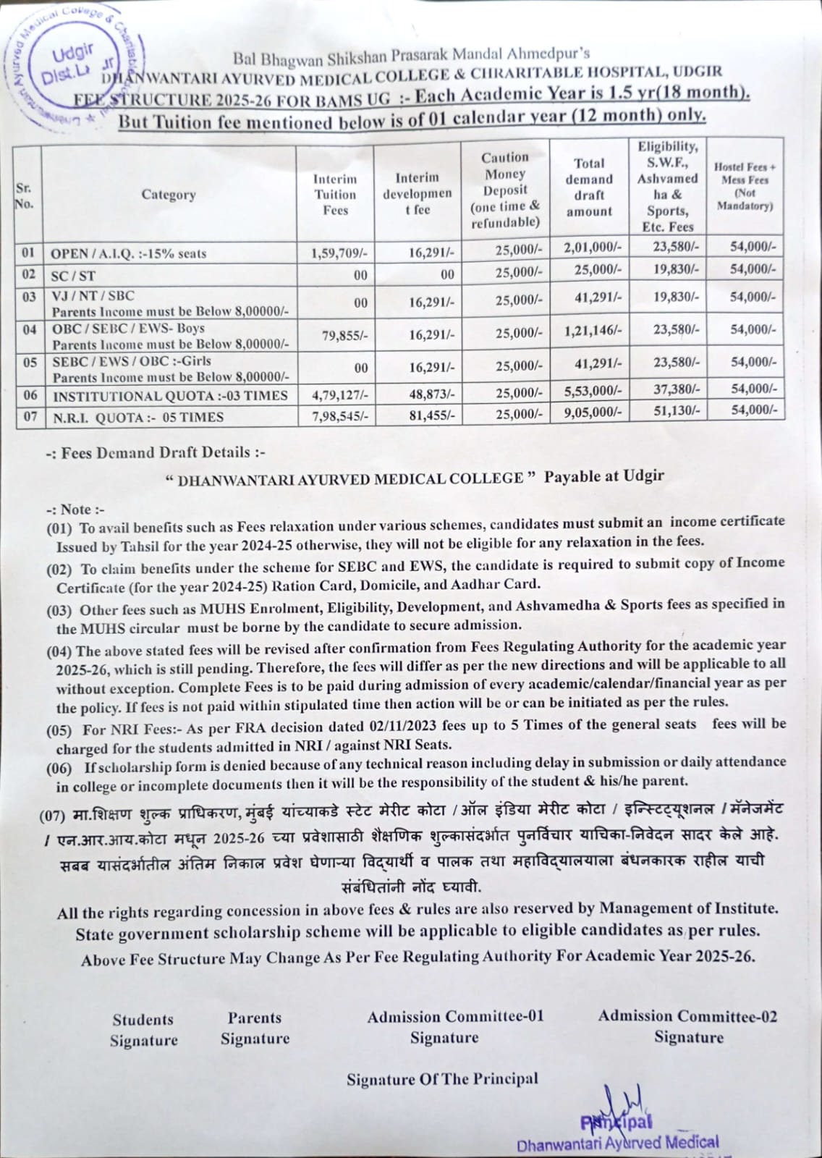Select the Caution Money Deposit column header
(x=505, y=190)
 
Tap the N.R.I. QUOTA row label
(x=137, y=417)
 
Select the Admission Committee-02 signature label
(x=687, y=1026)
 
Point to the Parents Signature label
(x=255, y=1028)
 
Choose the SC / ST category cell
(x=72, y=276)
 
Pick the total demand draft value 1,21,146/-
(x=592, y=331)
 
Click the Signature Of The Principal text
(x=442, y=1079)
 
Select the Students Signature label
(x=143, y=1030)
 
